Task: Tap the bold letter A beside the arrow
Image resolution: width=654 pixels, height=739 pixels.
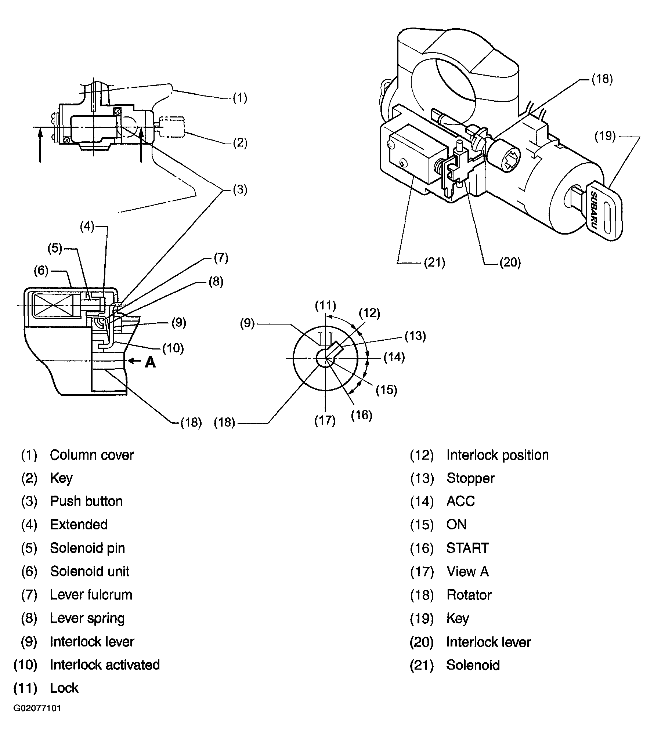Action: point(150,362)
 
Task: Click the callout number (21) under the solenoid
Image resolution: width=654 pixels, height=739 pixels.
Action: point(435,263)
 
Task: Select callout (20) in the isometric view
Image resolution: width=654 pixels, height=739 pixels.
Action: point(510,262)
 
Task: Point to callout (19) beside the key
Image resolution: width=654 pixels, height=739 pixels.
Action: point(605,136)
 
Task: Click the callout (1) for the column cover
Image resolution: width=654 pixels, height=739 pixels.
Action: point(240,98)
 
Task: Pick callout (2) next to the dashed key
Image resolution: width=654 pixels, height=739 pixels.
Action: point(240,142)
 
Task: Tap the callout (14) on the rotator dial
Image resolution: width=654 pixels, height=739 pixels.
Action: point(394,357)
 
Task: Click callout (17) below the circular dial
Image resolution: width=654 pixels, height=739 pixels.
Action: point(325,420)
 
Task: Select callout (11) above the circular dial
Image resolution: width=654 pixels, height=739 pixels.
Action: point(325,305)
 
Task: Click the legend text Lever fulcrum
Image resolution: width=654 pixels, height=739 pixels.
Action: point(91,594)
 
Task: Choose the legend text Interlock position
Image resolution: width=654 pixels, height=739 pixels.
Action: point(497,455)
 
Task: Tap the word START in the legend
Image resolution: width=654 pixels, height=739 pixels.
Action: point(467,548)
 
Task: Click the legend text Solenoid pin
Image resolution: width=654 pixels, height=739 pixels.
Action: point(87,548)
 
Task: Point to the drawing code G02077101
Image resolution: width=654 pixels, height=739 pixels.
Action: point(37,718)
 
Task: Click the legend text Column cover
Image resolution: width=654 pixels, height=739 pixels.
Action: point(92,455)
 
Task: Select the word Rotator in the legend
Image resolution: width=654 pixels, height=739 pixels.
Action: point(469,594)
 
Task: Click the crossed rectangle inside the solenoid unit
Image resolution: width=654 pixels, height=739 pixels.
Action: point(52,305)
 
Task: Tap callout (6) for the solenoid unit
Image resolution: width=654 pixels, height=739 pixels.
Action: point(41,271)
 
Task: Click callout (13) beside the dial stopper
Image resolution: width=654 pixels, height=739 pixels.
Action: point(415,336)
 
